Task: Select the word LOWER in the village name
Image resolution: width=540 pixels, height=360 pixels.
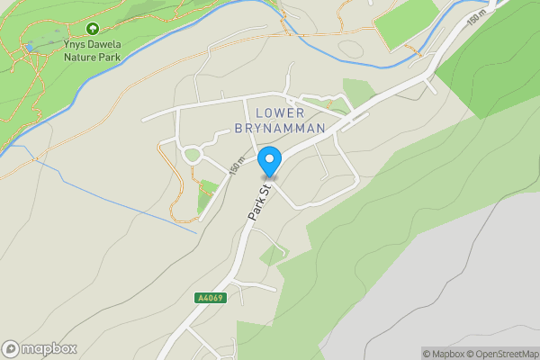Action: (x=280, y=112)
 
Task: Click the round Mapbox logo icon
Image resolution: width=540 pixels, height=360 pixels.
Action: (x=12, y=348)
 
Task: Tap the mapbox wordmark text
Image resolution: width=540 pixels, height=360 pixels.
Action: (x=49, y=348)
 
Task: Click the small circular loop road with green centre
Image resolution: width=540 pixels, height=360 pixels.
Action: (x=192, y=155)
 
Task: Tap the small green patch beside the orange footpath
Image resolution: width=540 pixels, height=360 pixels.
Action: (x=208, y=189)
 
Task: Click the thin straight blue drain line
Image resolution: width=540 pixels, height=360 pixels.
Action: (x=117, y=193)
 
